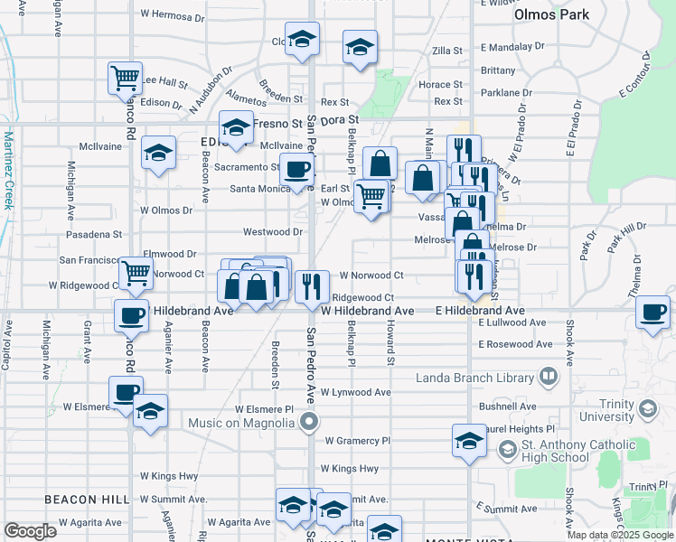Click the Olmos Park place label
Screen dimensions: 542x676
[551, 14]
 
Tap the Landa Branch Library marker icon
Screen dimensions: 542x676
[548, 376]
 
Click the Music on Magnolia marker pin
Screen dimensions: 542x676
[310, 422]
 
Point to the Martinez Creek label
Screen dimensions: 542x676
[9, 171]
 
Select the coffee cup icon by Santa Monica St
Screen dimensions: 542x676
[296, 169]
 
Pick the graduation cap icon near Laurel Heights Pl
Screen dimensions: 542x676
[469, 442]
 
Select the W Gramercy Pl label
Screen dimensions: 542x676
[357, 441]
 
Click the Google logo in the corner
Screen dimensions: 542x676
[30, 531]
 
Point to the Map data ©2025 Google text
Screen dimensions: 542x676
[620, 535]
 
